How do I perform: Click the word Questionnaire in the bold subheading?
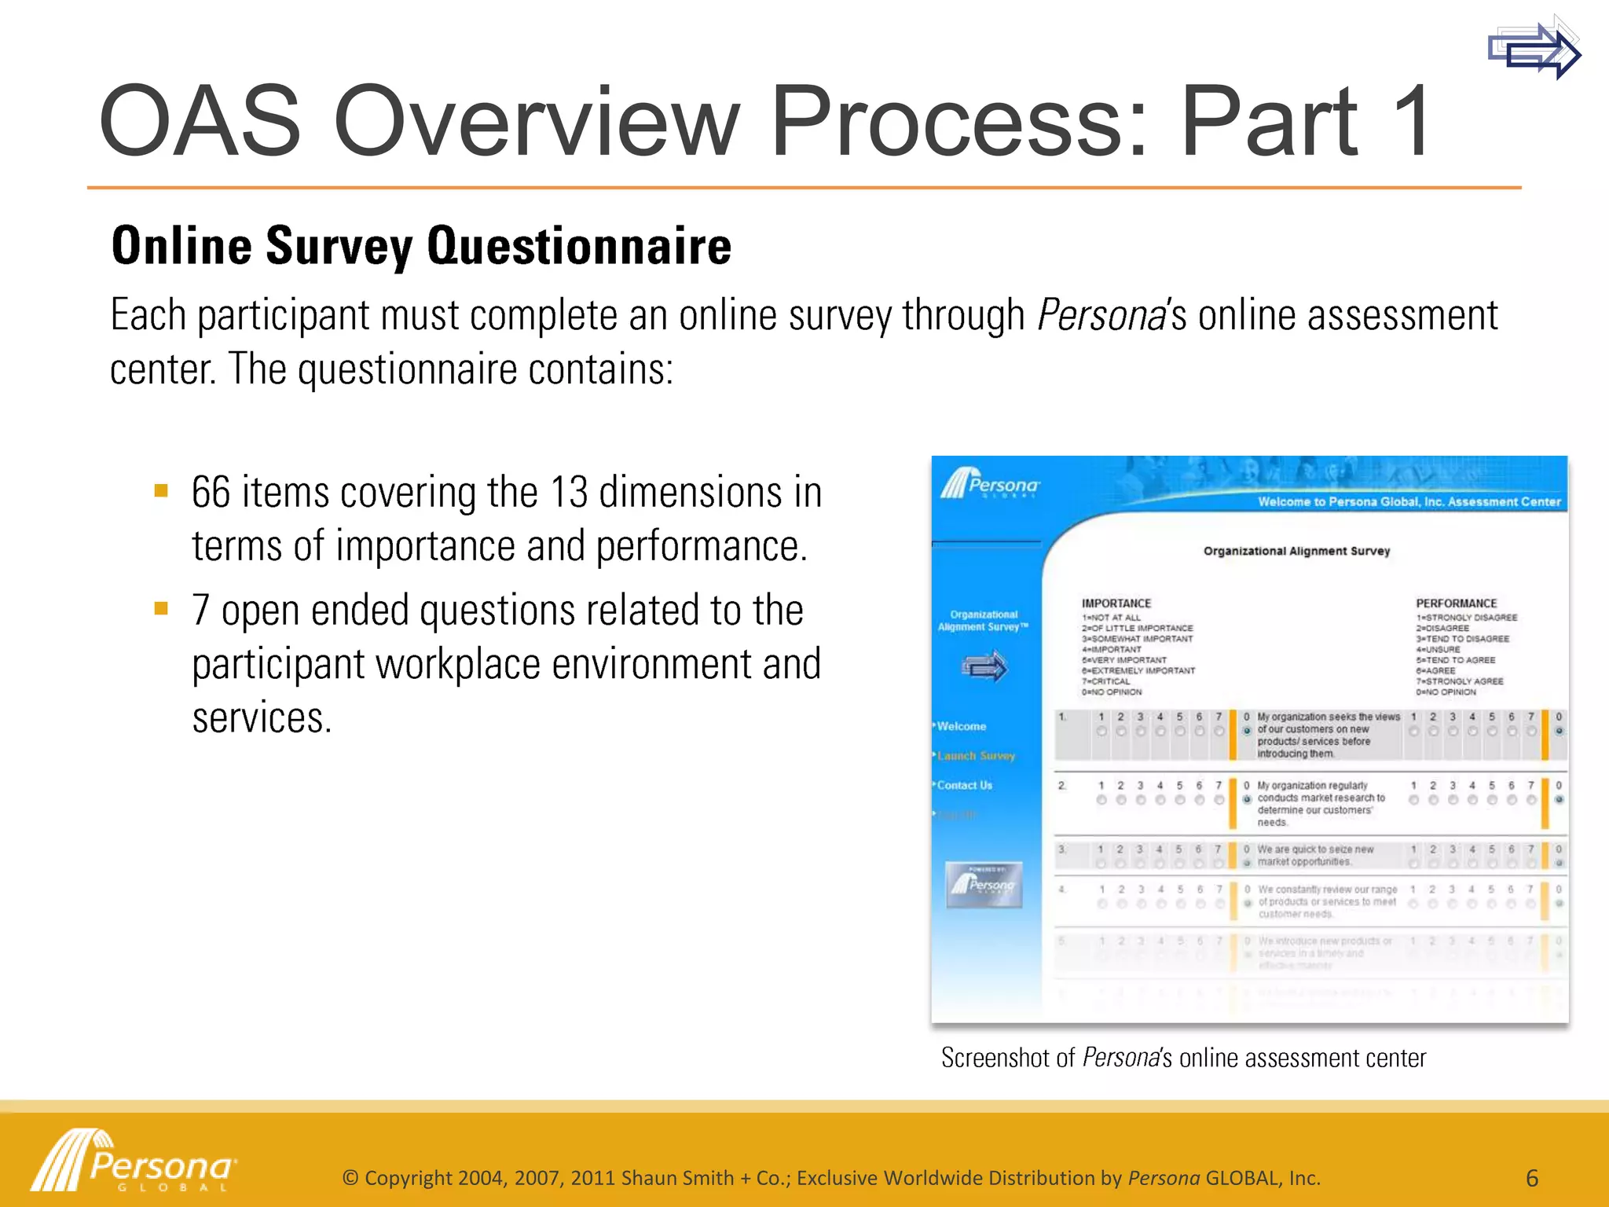(x=579, y=246)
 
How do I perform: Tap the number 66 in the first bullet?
(x=211, y=493)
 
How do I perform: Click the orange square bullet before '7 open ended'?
(x=162, y=608)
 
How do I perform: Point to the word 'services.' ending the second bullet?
(x=262, y=718)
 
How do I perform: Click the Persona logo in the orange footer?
(x=134, y=1161)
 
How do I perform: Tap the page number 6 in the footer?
(x=1531, y=1178)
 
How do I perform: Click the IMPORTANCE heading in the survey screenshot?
(x=1116, y=603)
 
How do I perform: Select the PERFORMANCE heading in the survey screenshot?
(x=1456, y=603)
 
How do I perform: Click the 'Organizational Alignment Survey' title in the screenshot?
(x=1296, y=551)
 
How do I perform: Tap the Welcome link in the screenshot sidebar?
(x=961, y=726)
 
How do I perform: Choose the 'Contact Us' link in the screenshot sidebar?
(x=964, y=785)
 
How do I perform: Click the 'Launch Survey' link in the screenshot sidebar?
(x=976, y=756)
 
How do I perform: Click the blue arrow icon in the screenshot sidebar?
(x=984, y=667)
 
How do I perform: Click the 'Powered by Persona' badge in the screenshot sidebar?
(x=984, y=885)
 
